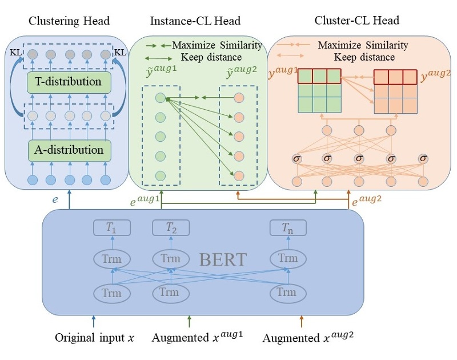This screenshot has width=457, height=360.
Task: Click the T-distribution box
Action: pos(69,82)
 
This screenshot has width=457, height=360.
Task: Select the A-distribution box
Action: pos(69,151)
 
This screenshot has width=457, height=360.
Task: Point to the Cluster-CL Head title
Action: pos(356,21)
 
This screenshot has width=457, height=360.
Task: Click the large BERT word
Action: pos(223,259)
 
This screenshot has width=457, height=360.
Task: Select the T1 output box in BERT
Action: pos(112,228)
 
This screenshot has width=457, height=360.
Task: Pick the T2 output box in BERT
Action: pos(170,228)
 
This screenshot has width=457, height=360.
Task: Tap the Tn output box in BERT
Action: pos(288,228)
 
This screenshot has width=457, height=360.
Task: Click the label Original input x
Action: pos(94,338)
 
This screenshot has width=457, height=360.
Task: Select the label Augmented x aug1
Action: pos(197,337)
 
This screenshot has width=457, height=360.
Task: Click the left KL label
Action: pos(15,53)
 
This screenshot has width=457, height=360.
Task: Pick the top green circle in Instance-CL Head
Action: pos(160,98)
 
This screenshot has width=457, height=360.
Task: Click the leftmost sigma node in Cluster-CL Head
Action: pos(296,158)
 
